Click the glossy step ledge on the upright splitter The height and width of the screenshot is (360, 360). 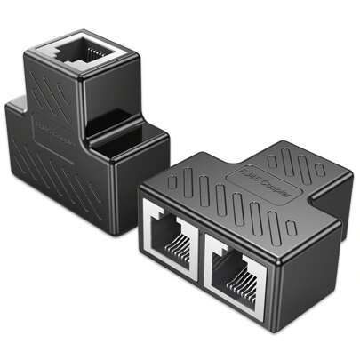pos(124,142)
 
